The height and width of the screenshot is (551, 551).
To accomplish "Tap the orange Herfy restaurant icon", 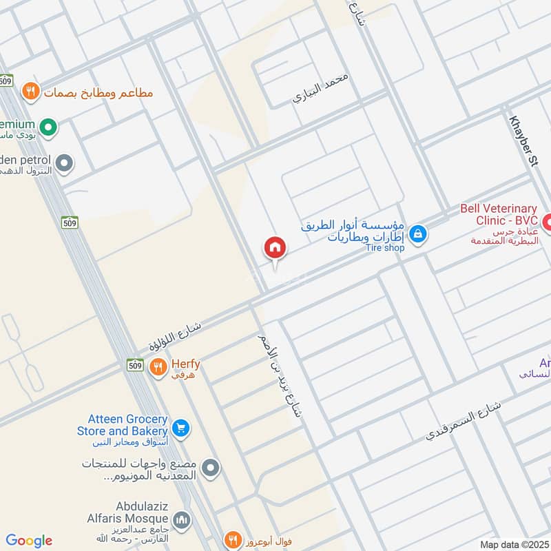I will click(x=158, y=367).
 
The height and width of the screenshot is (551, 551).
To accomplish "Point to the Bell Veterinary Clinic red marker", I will click(x=548, y=222).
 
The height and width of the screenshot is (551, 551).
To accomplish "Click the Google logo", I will click(x=29, y=541).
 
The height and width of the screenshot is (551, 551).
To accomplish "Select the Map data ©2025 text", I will click(x=513, y=544).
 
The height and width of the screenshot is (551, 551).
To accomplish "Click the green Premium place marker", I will click(x=48, y=127).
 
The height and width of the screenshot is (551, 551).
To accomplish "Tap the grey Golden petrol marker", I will click(x=64, y=163).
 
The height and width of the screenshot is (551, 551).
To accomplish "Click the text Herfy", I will click(x=185, y=364).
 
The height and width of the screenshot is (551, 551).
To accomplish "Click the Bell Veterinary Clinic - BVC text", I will click(x=499, y=214).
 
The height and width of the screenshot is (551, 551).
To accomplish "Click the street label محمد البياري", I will click(x=321, y=87).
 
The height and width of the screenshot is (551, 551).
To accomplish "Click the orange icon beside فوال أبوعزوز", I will click(x=233, y=540).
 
